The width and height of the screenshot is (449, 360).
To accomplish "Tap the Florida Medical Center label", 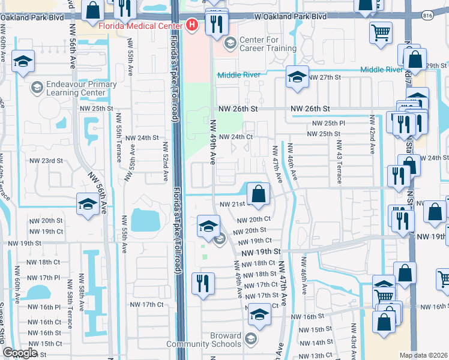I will click(142, 26).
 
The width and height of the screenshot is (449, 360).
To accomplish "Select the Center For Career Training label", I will click(260, 44).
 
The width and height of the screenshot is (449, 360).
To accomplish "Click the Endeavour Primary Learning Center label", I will click(80, 89).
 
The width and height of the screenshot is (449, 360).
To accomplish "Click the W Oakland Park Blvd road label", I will click(290, 17).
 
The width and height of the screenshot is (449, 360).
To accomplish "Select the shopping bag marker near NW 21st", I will click(258, 194).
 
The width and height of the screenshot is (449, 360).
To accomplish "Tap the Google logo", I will click(20, 353).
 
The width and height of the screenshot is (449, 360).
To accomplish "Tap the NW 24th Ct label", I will click(235, 137).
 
